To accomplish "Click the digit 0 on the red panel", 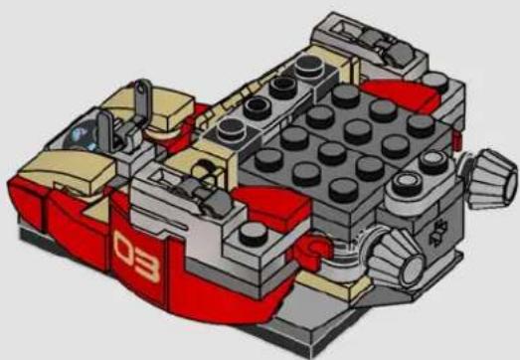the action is coord(125,248).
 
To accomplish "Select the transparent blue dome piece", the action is coord(80,136).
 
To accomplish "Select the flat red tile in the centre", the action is coord(275,204).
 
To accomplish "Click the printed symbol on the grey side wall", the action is coord(438,233).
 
